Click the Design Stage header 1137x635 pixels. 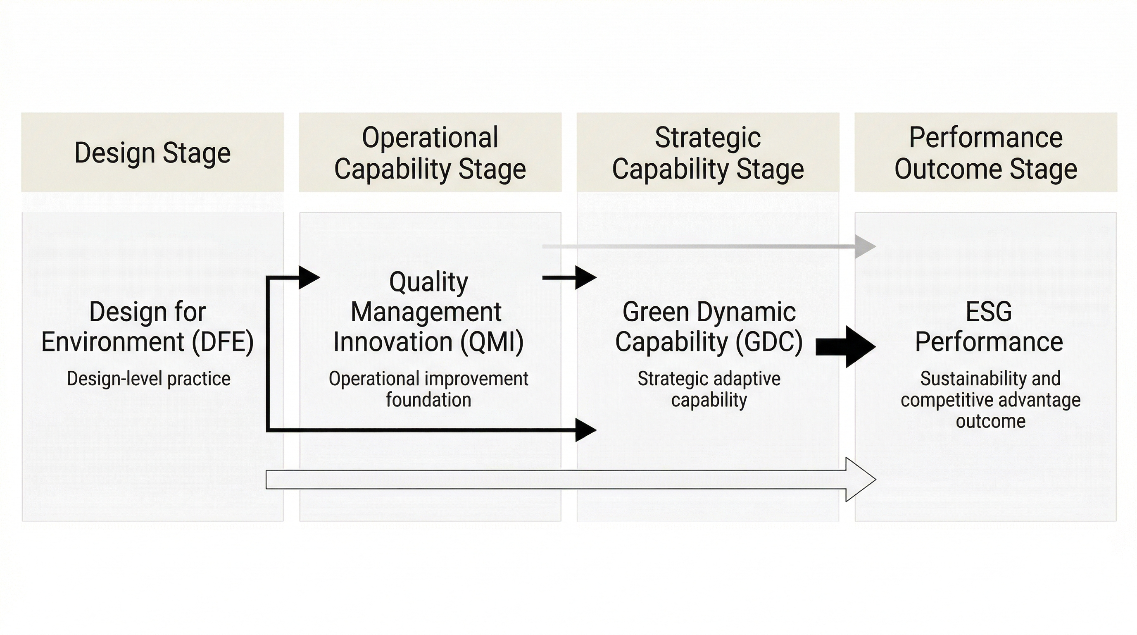[152, 153]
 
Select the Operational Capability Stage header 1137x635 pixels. [430, 153]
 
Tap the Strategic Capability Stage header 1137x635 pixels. [708, 153]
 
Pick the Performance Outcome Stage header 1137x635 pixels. [986, 153]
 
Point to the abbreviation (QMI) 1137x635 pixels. [492, 342]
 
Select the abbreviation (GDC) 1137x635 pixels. [769, 342]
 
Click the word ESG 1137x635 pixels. [989, 312]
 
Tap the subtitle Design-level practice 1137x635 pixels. [148, 379]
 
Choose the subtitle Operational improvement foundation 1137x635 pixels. [428, 389]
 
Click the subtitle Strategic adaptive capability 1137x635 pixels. [709, 389]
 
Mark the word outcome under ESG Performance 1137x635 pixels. [990, 421]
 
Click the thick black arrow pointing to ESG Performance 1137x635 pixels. [845, 346]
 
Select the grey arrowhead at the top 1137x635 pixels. [865, 246]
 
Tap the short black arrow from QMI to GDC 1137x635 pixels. [569, 278]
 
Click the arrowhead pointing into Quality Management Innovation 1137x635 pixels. [309, 278]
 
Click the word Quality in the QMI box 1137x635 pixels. [428, 282]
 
